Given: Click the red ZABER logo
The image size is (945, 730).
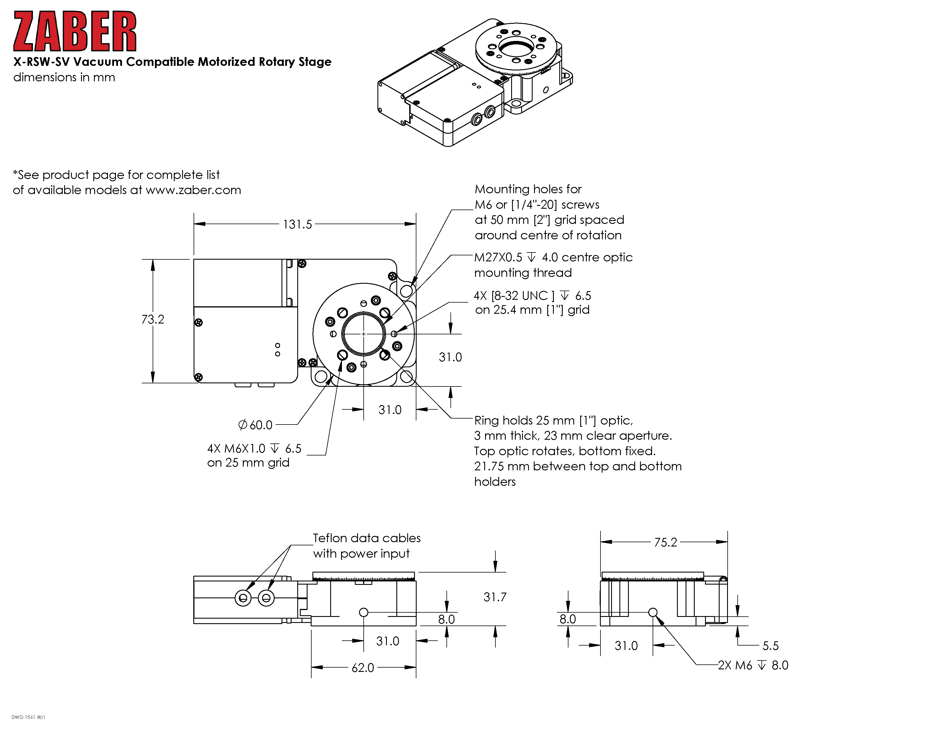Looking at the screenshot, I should pyautogui.click(x=75, y=31).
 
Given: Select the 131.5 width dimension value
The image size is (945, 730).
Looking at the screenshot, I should pyautogui.click(x=297, y=224).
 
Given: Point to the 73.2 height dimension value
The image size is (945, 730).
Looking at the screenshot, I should pyautogui.click(x=153, y=319).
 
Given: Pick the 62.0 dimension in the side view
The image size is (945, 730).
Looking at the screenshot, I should pyautogui.click(x=363, y=668).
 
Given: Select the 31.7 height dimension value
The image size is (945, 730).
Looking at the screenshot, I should pyautogui.click(x=495, y=597).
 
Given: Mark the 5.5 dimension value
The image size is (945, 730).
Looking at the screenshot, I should pyautogui.click(x=770, y=646).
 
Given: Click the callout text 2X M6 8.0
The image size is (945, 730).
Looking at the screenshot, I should pyautogui.click(x=753, y=665).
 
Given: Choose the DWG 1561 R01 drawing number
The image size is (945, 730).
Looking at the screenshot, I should pyautogui.click(x=28, y=717).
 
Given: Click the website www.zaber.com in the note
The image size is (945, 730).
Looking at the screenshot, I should pyautogui.click(x=193, y=190).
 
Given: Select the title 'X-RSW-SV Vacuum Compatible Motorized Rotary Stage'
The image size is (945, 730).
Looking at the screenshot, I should pyautogui.click(x=172, y=62).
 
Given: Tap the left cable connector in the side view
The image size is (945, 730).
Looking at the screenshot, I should pyautogui.click(x=243, y=599).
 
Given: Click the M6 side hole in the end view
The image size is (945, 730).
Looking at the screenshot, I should pyautogui.click(x=653, y=612).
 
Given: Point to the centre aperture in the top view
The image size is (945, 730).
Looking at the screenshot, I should pyautogui.click(x=363, y=334).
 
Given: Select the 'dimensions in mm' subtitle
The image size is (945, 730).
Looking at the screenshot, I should pyautogui.click(x=64, y=77).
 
